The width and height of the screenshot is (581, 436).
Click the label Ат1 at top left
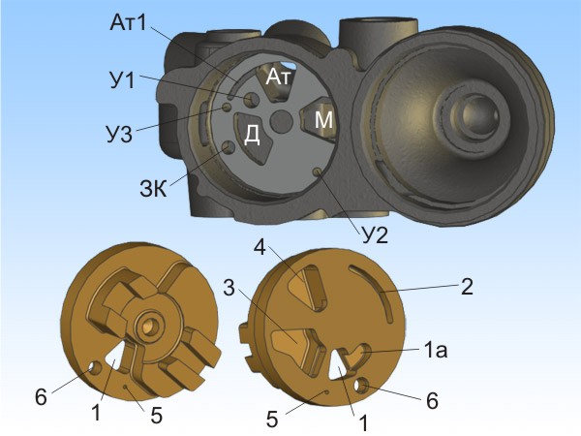pos(129,23)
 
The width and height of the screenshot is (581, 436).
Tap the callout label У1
pos(122,79)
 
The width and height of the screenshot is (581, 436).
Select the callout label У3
pos(119,135)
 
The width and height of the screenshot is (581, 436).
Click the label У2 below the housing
pos(375,235)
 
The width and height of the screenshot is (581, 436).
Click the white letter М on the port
pos(323,120)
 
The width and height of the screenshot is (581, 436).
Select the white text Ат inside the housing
pos(280,78)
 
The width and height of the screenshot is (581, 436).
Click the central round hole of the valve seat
pos(282,121)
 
